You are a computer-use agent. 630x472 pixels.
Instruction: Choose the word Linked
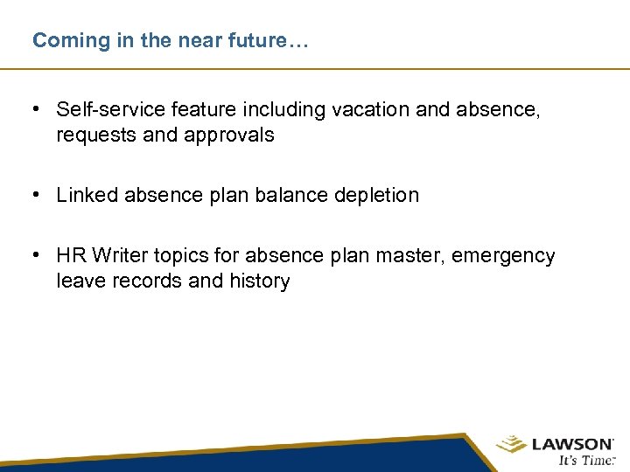(87, 195)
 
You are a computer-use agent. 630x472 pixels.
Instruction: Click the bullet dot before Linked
(35, 195)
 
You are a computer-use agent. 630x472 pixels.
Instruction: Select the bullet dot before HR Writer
(35, 255)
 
